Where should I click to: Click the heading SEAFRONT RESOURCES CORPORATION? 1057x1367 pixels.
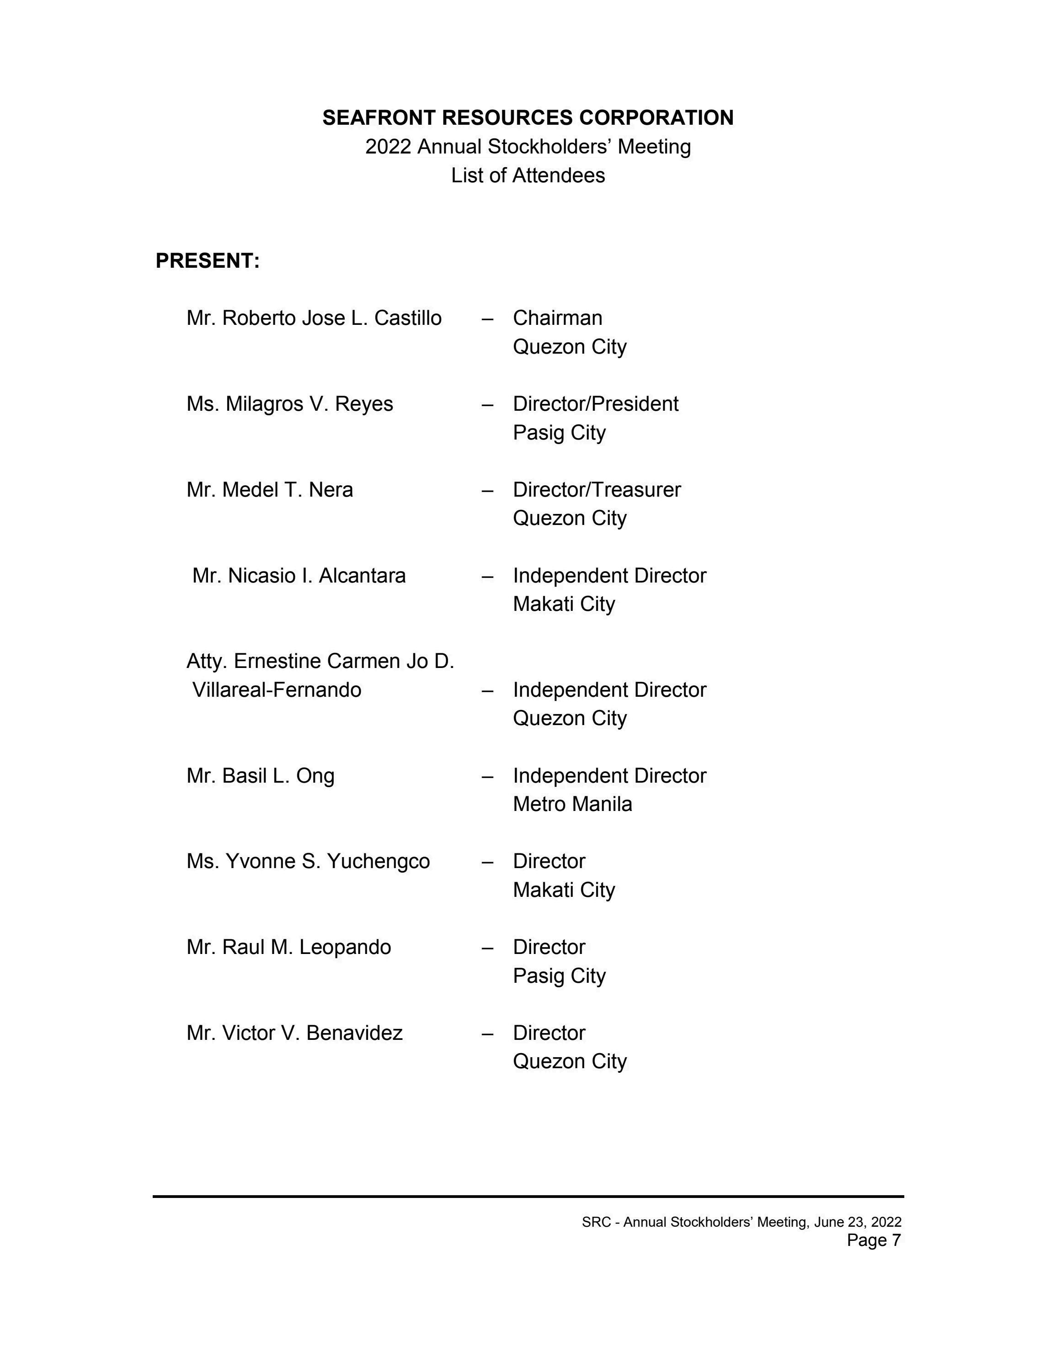[528, 118]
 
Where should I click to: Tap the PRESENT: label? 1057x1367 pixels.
[207, 261]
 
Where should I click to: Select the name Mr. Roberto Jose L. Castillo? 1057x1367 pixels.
[314, 318]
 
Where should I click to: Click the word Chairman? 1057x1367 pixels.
[557, 318]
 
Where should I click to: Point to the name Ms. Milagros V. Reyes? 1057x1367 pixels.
[289, 404]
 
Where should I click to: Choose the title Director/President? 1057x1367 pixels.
[596, 404]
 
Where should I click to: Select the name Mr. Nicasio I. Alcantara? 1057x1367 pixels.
[299, 575]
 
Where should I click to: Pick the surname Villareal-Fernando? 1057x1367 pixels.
[276, 690]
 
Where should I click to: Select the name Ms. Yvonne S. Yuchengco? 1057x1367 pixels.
[308, 861]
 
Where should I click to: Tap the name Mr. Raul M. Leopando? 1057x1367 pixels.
[288, 947]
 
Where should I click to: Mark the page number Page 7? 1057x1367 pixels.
[874, 1240]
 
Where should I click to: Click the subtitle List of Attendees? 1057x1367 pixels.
[528, 175]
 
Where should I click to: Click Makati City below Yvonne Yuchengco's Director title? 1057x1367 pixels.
[564, 890]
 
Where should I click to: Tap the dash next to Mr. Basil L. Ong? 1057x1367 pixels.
[487, 776]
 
